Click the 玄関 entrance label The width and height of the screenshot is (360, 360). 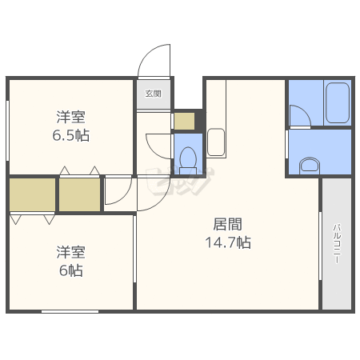point(154,94)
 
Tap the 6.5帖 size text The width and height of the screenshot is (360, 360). point(71,135)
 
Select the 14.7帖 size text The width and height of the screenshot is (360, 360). point(228,242)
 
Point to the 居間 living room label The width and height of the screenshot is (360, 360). point(228,224)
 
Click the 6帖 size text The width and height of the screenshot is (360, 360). point(71,270)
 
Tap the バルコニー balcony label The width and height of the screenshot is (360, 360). point(337,244)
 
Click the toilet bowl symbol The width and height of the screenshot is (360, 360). point(188,161)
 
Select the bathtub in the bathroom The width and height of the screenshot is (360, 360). point(338,103)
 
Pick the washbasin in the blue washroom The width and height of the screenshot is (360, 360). point(310,166)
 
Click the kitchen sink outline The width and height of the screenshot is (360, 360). point(216,142)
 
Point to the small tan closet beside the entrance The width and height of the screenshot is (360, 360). point(184,121)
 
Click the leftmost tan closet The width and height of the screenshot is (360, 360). point(32,194)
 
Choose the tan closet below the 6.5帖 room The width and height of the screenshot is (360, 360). point(79,194)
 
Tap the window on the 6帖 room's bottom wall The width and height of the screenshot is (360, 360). point(70,311)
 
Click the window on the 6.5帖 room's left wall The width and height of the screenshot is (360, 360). point(8,130)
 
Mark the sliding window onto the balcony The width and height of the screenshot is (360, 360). point(320,246)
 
